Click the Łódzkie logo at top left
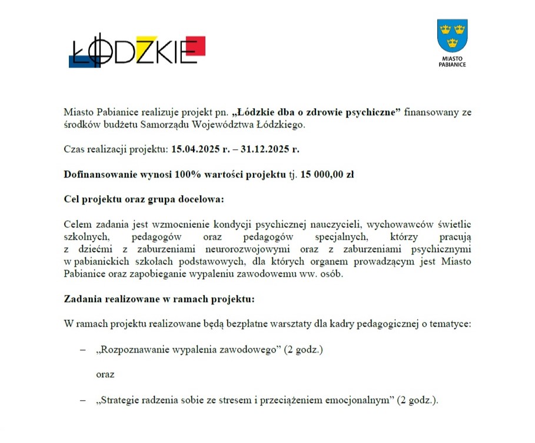coord(137,51)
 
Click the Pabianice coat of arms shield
coord(452,36)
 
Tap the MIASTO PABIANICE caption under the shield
coord(452,62)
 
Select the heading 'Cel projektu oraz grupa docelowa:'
coord(144,199)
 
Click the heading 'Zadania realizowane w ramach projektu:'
coord(159,299)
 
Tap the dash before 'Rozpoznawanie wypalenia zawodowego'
coord(82,350)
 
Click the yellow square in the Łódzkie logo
coord(145,43)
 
